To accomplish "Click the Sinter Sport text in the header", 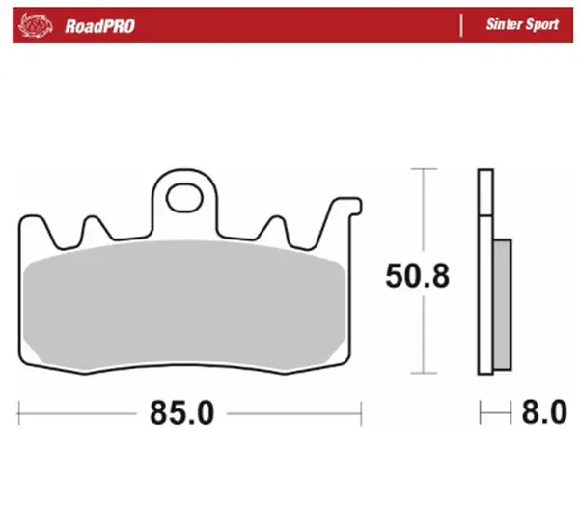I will coord(521,25).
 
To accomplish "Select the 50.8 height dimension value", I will coord(419,276).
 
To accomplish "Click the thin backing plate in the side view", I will coord(484,270).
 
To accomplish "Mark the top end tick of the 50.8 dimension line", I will coord(419,169).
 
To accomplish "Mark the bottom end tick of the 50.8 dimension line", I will coord(419,373).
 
